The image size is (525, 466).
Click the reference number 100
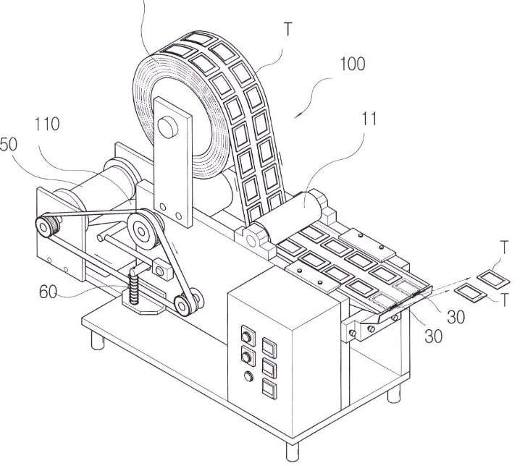353,64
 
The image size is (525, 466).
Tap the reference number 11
369,119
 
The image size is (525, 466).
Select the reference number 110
47,124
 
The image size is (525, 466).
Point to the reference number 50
9,145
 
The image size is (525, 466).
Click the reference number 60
49,292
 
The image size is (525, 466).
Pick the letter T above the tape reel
288,29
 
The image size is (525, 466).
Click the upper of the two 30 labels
456,316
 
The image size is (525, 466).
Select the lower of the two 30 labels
434,336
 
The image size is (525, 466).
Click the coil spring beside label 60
134,289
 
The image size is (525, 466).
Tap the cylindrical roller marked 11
290,211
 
